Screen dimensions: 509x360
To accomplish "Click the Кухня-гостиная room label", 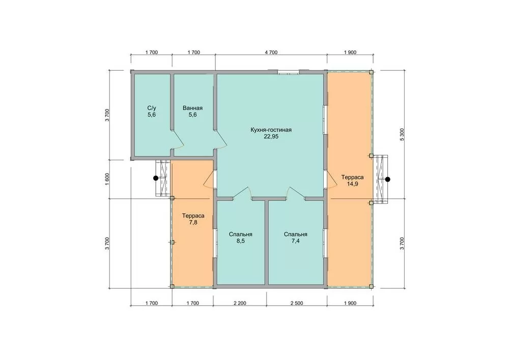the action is coord(271,130).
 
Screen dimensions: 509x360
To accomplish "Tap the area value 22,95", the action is coord(271,136).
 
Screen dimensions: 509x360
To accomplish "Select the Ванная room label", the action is coord(192,108).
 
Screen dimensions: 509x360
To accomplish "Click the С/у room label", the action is coord(152,108).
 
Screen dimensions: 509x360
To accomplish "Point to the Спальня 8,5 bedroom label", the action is coord(241,238).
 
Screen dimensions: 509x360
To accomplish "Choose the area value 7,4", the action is coord(295,241).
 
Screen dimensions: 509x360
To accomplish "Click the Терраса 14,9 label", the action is coord(352,180).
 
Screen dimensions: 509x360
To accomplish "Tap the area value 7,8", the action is coord(193,223).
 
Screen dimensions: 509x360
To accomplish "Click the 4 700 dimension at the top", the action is coord(271,52).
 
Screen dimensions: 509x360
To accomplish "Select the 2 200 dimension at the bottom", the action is coord(240,303).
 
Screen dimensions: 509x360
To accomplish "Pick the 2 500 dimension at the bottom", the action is coord(297,303).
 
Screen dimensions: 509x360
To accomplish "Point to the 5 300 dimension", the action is coord(402,134).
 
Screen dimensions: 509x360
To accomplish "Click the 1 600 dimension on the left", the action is coord(107,179).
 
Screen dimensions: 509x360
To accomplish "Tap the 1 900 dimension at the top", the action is coord(350,52).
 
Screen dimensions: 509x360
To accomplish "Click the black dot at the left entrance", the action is coord(156,178).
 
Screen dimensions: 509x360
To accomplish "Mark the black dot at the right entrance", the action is coord(387,179).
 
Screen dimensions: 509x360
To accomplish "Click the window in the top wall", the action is coord(288,73).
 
